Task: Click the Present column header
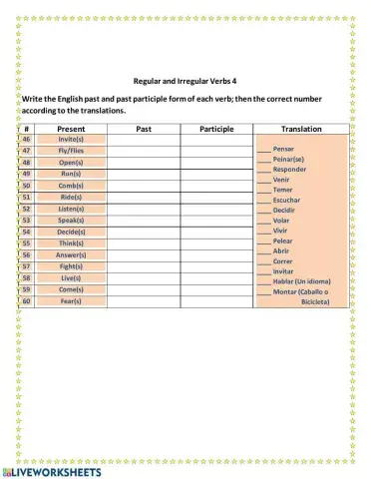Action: pos(71,129)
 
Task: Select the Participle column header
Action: pos(216,129)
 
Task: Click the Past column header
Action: pos(144,129)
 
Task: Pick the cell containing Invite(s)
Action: pos(71,140)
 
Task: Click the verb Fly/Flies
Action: pos(71,151)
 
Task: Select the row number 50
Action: pos(27,186)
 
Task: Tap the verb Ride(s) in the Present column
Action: pos(71,198)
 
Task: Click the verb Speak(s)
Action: pos(71,221)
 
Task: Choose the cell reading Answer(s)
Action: pos(71,254)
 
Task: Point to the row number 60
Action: pos(27,300)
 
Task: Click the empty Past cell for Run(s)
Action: pos(144,174)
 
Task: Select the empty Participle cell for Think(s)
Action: pos(216,243)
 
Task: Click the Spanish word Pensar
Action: pos(285,148)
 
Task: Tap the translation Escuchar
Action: pos(288,200)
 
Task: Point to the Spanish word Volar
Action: pos(283,221)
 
